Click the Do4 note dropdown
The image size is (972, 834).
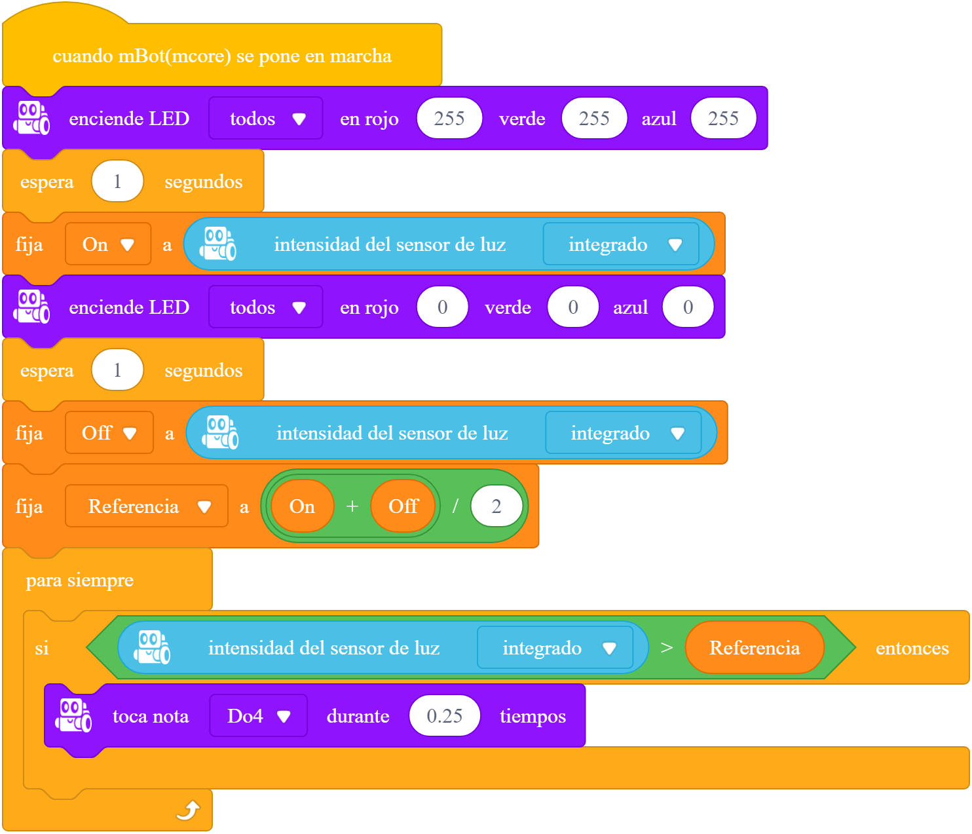point(258,715)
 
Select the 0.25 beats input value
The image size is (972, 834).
point(444,715)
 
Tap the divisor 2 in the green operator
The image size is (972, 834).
point(496,506)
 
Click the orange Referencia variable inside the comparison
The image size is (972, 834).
point(755,648)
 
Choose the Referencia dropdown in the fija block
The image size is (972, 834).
point(147,506)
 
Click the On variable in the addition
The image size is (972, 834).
point(302,506)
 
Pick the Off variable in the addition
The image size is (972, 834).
point(403,506)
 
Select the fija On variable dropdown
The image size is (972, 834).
point(108,244)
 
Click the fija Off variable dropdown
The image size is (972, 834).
point(109,433)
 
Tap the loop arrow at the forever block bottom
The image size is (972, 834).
point(188,810)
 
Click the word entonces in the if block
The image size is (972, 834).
point(912,648)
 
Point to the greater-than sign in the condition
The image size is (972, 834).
point(666,648)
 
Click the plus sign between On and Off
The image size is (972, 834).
point(352,506)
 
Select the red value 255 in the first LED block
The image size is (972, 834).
point(449,118)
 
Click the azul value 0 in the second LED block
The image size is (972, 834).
point(688,307)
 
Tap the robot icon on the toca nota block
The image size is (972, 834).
point(73,715)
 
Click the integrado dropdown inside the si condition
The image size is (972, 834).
point(555,648)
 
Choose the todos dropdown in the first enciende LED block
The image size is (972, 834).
point(266,118)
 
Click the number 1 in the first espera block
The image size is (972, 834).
point(117,181)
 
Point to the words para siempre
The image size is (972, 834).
point(79,580)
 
